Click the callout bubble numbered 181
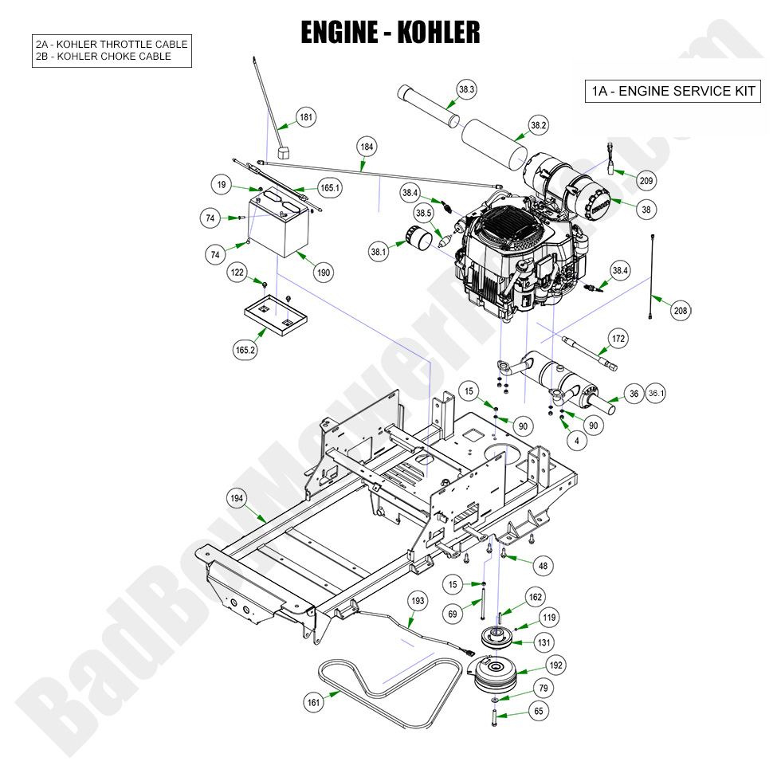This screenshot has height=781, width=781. point(306,117)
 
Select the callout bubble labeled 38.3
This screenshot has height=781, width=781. point(466,90)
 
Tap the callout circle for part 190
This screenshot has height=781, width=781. point(324,273)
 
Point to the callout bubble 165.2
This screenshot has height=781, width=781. point(245,348)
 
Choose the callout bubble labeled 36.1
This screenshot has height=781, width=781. point(656,394)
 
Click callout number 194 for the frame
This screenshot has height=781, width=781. point(237,498)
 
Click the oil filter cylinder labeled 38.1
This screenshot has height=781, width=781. point(417,237)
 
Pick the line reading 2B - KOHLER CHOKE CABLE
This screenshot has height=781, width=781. point(104,57)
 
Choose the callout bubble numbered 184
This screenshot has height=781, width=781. point(367,147)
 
